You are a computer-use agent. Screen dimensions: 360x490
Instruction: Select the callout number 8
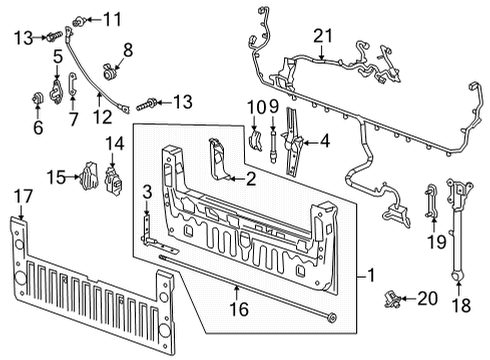coord(127,50)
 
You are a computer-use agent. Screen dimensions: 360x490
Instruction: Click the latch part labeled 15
coord(88,178)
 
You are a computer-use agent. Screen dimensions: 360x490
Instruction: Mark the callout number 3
coord(146,193)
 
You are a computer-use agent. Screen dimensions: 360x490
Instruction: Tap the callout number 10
coord(254,107)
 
